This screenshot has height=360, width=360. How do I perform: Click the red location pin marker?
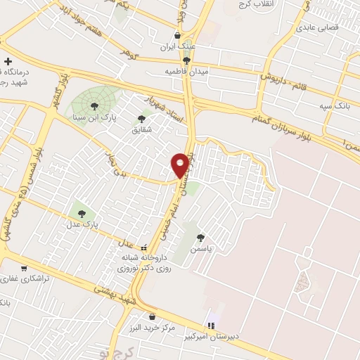coord(180,164)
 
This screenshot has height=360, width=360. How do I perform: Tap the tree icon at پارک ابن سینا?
coord(94,105)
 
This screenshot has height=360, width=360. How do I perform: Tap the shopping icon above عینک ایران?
coord(178,35)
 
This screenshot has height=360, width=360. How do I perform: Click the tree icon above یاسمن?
coord(202,238)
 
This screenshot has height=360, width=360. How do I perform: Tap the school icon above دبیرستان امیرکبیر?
coord(209,326)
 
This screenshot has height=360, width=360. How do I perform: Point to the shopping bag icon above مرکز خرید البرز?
coord(152,316)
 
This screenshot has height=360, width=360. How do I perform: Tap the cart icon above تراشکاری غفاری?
coord(25,267)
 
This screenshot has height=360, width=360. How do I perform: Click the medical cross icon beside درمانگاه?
coord(8,61)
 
